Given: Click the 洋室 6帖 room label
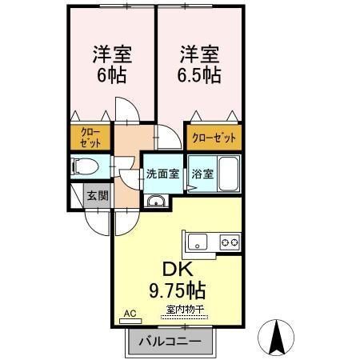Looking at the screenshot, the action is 112,64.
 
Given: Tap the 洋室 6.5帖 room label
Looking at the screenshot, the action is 199,64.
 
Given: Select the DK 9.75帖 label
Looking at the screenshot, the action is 178,281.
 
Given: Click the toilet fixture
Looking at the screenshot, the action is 85,167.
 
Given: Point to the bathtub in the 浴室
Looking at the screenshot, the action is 228,174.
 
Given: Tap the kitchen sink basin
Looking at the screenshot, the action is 198,242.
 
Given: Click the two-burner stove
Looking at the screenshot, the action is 230,242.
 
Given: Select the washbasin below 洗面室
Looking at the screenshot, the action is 156,201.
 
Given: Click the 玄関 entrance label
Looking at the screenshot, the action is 98,196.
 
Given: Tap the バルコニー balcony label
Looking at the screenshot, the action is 170,342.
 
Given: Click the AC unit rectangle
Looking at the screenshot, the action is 130,321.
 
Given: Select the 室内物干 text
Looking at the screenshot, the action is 185,310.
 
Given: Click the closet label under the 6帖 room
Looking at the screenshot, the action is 90,138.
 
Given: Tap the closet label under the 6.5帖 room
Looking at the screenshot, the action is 214,138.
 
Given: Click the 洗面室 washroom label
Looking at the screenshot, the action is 162,174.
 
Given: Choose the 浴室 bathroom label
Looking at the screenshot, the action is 202,174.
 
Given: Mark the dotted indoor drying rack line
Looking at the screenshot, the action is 184,318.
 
